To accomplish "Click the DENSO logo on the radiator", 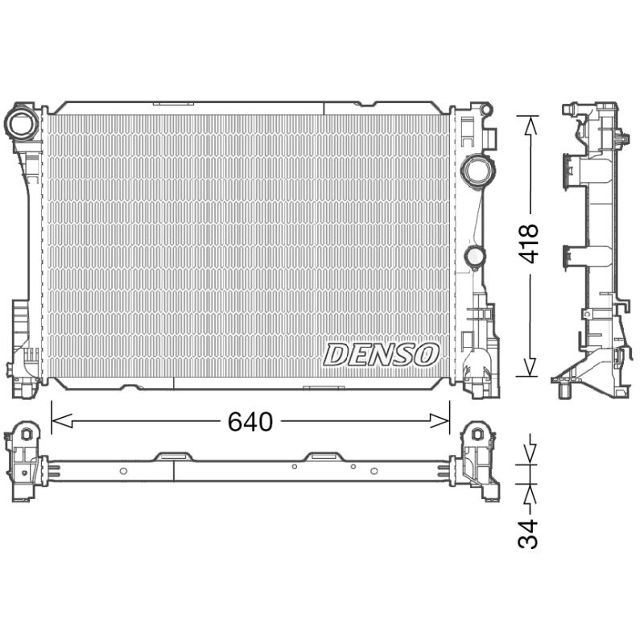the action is tap(381, 355).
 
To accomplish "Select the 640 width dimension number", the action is tap(250, 421).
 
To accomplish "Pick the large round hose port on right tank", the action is tap(478, 170).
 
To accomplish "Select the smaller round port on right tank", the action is tap(474, 256).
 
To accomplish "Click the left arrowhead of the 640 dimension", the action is tap(62, 421).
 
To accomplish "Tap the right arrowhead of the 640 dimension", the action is tap(440, 421).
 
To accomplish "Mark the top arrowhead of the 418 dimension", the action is tap(530, 126).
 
